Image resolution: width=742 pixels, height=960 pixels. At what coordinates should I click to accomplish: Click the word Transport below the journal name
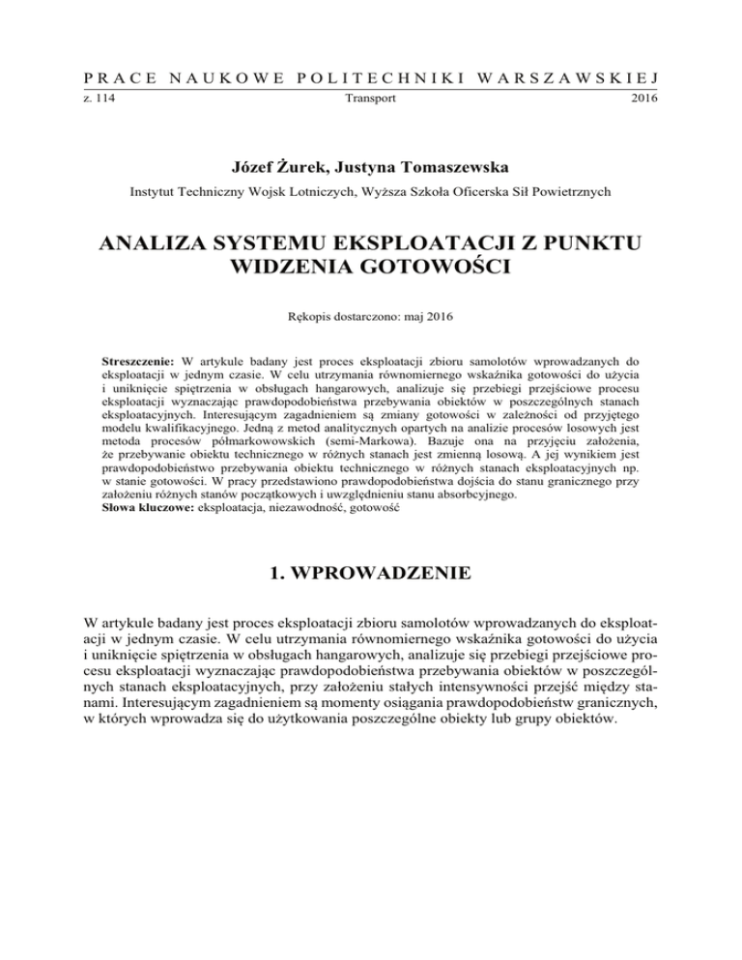click(371, 99)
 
